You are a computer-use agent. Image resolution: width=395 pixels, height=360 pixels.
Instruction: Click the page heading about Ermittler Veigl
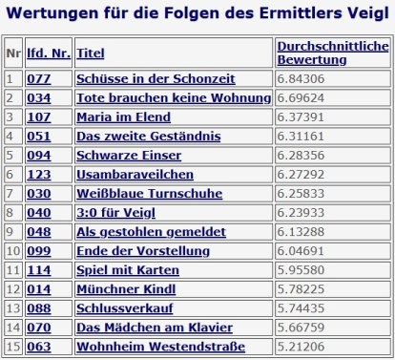coord(197,14)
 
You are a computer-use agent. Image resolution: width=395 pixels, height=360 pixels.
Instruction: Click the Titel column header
coord(91,53)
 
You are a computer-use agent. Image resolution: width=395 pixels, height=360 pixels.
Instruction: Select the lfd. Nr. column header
coord(48,53)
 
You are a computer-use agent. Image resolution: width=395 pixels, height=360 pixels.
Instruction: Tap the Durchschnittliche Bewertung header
coord(331,53)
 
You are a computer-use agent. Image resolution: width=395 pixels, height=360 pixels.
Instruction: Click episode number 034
coord(39,97)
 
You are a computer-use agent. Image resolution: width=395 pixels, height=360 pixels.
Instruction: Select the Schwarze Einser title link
coord(132,155)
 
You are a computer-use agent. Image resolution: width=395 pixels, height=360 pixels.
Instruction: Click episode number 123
coord(39,174)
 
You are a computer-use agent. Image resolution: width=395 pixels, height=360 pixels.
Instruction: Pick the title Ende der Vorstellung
coord(143,250)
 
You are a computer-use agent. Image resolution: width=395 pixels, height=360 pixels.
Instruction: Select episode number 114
coord(39,269)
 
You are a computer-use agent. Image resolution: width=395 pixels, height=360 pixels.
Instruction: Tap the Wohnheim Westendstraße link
coord(161,346)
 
